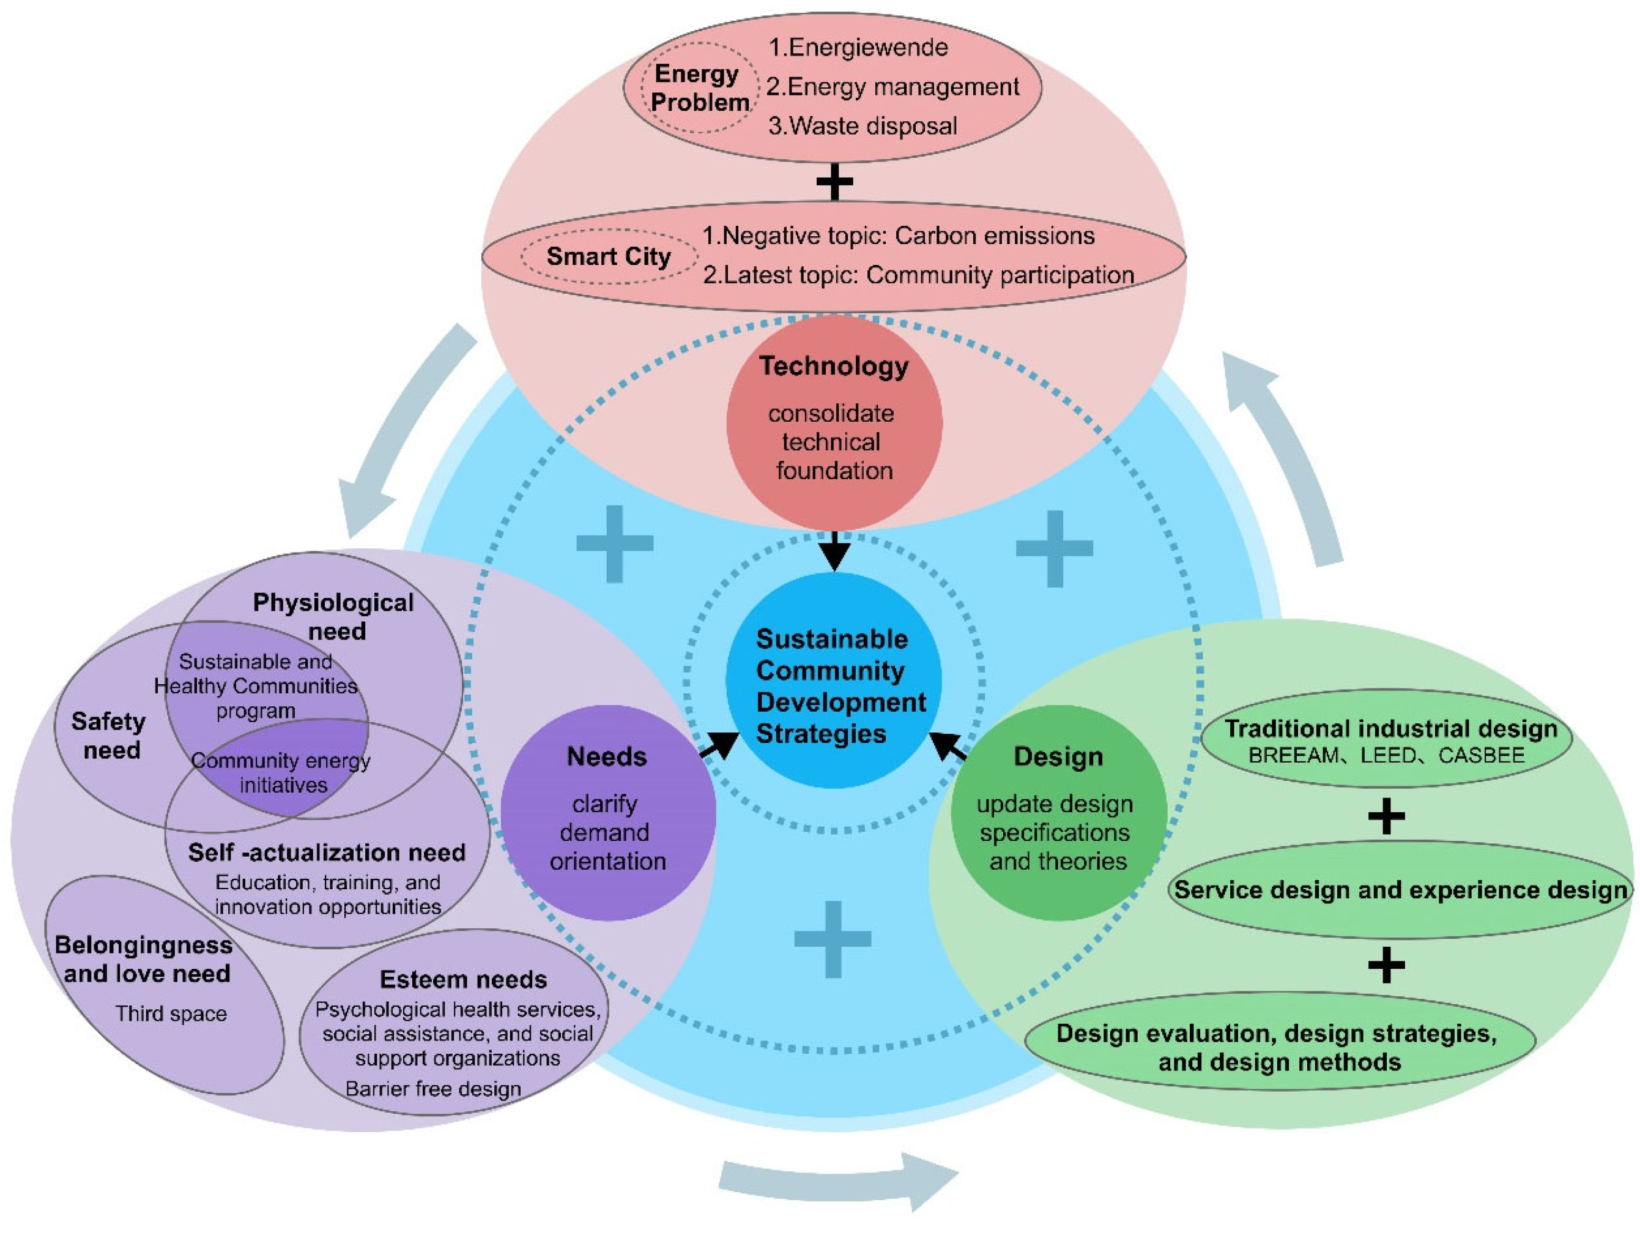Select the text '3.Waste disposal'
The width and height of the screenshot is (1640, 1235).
coord(863,126)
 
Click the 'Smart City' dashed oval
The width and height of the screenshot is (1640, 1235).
coord(608,256)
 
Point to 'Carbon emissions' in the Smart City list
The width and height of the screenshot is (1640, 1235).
coord(994,236)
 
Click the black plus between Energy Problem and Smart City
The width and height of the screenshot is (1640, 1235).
coord(834,182)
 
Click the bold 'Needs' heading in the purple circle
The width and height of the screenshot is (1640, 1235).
coord(606,756)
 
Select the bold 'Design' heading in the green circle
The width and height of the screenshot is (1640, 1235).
coord(1058,756)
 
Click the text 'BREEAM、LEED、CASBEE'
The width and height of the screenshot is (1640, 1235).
coord(1386,756)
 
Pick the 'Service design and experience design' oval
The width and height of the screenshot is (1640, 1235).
coord(1400,889)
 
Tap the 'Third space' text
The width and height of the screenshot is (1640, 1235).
coord(171,1014)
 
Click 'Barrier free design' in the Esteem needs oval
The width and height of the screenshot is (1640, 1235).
coord(433,1089)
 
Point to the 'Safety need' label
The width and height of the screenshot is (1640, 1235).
coord(109,735)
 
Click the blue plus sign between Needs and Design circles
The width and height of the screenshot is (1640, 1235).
coord(833,939)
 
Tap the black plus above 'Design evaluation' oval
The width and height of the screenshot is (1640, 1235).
coord(1386,964)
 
